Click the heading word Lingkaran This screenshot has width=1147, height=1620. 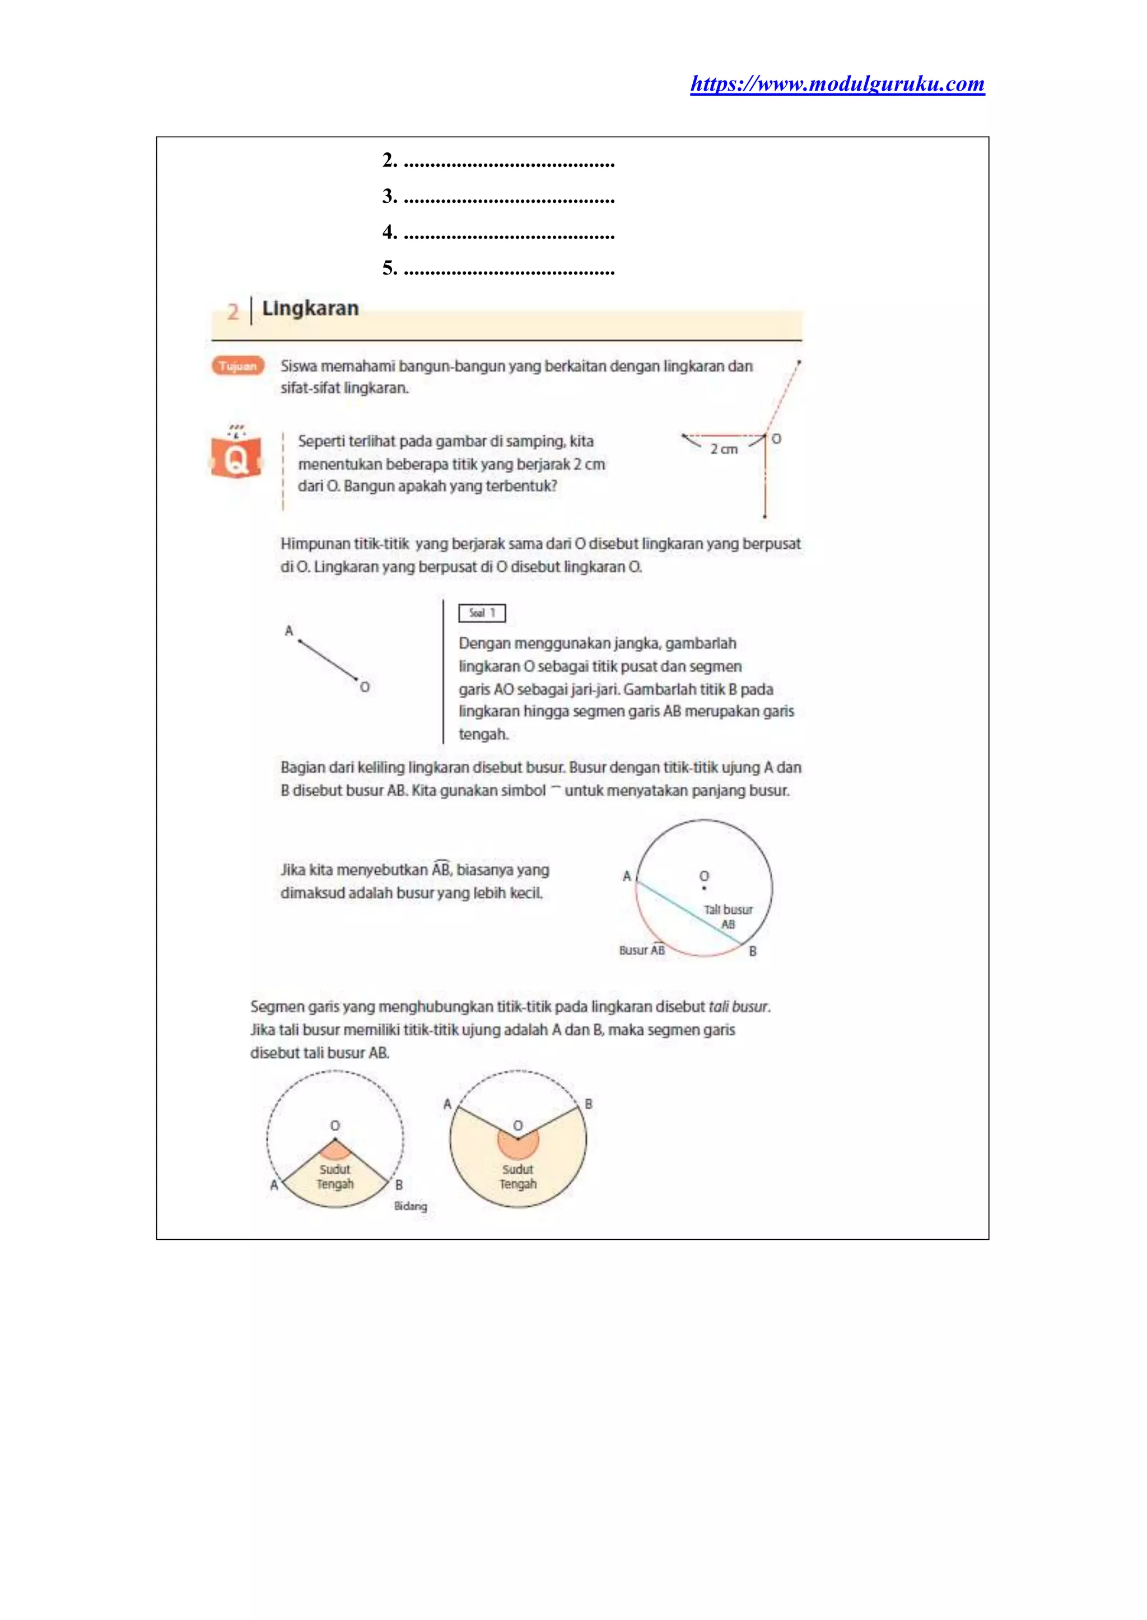[310, 309]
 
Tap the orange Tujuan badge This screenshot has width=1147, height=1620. [237, 366]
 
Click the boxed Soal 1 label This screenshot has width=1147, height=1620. [482, 613]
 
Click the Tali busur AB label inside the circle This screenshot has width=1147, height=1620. [728, 917]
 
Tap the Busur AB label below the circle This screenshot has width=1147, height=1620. [641, 950]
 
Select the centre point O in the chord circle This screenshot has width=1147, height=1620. [704, 888]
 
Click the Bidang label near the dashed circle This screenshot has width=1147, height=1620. [411, 1206]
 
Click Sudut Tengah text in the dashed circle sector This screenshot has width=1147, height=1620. [335, 1177]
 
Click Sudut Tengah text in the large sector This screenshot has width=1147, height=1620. [517, 1177]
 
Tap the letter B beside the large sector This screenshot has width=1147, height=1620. [588, 1104]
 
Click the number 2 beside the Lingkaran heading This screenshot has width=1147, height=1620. [233, 311]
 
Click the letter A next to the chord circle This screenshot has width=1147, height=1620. [627, 876]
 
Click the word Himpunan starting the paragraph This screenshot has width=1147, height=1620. [315, 544]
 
